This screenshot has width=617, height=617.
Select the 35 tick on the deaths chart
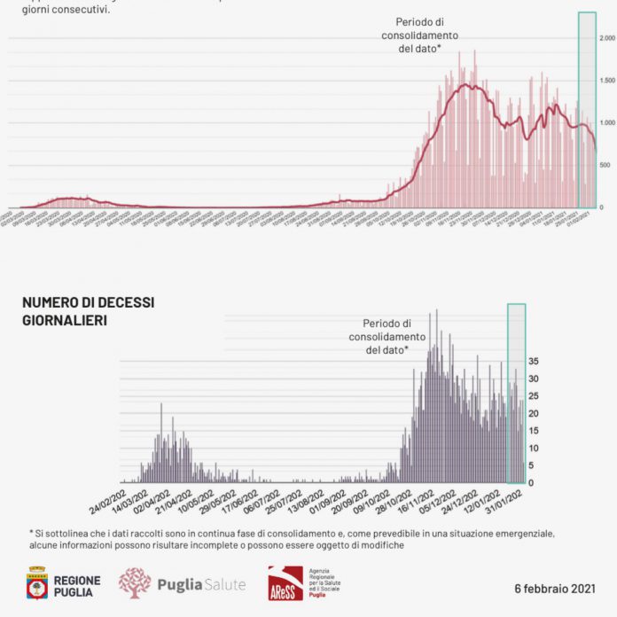(x=535, y=362)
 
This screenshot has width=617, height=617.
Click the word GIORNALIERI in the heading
(x=65, y=321)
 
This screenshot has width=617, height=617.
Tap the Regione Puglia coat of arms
(x=37, y=583)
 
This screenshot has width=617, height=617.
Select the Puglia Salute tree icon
(x=135, y=583)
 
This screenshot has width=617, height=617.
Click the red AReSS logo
(x=285, y=584)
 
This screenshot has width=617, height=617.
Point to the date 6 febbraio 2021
(x=554, y=589)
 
